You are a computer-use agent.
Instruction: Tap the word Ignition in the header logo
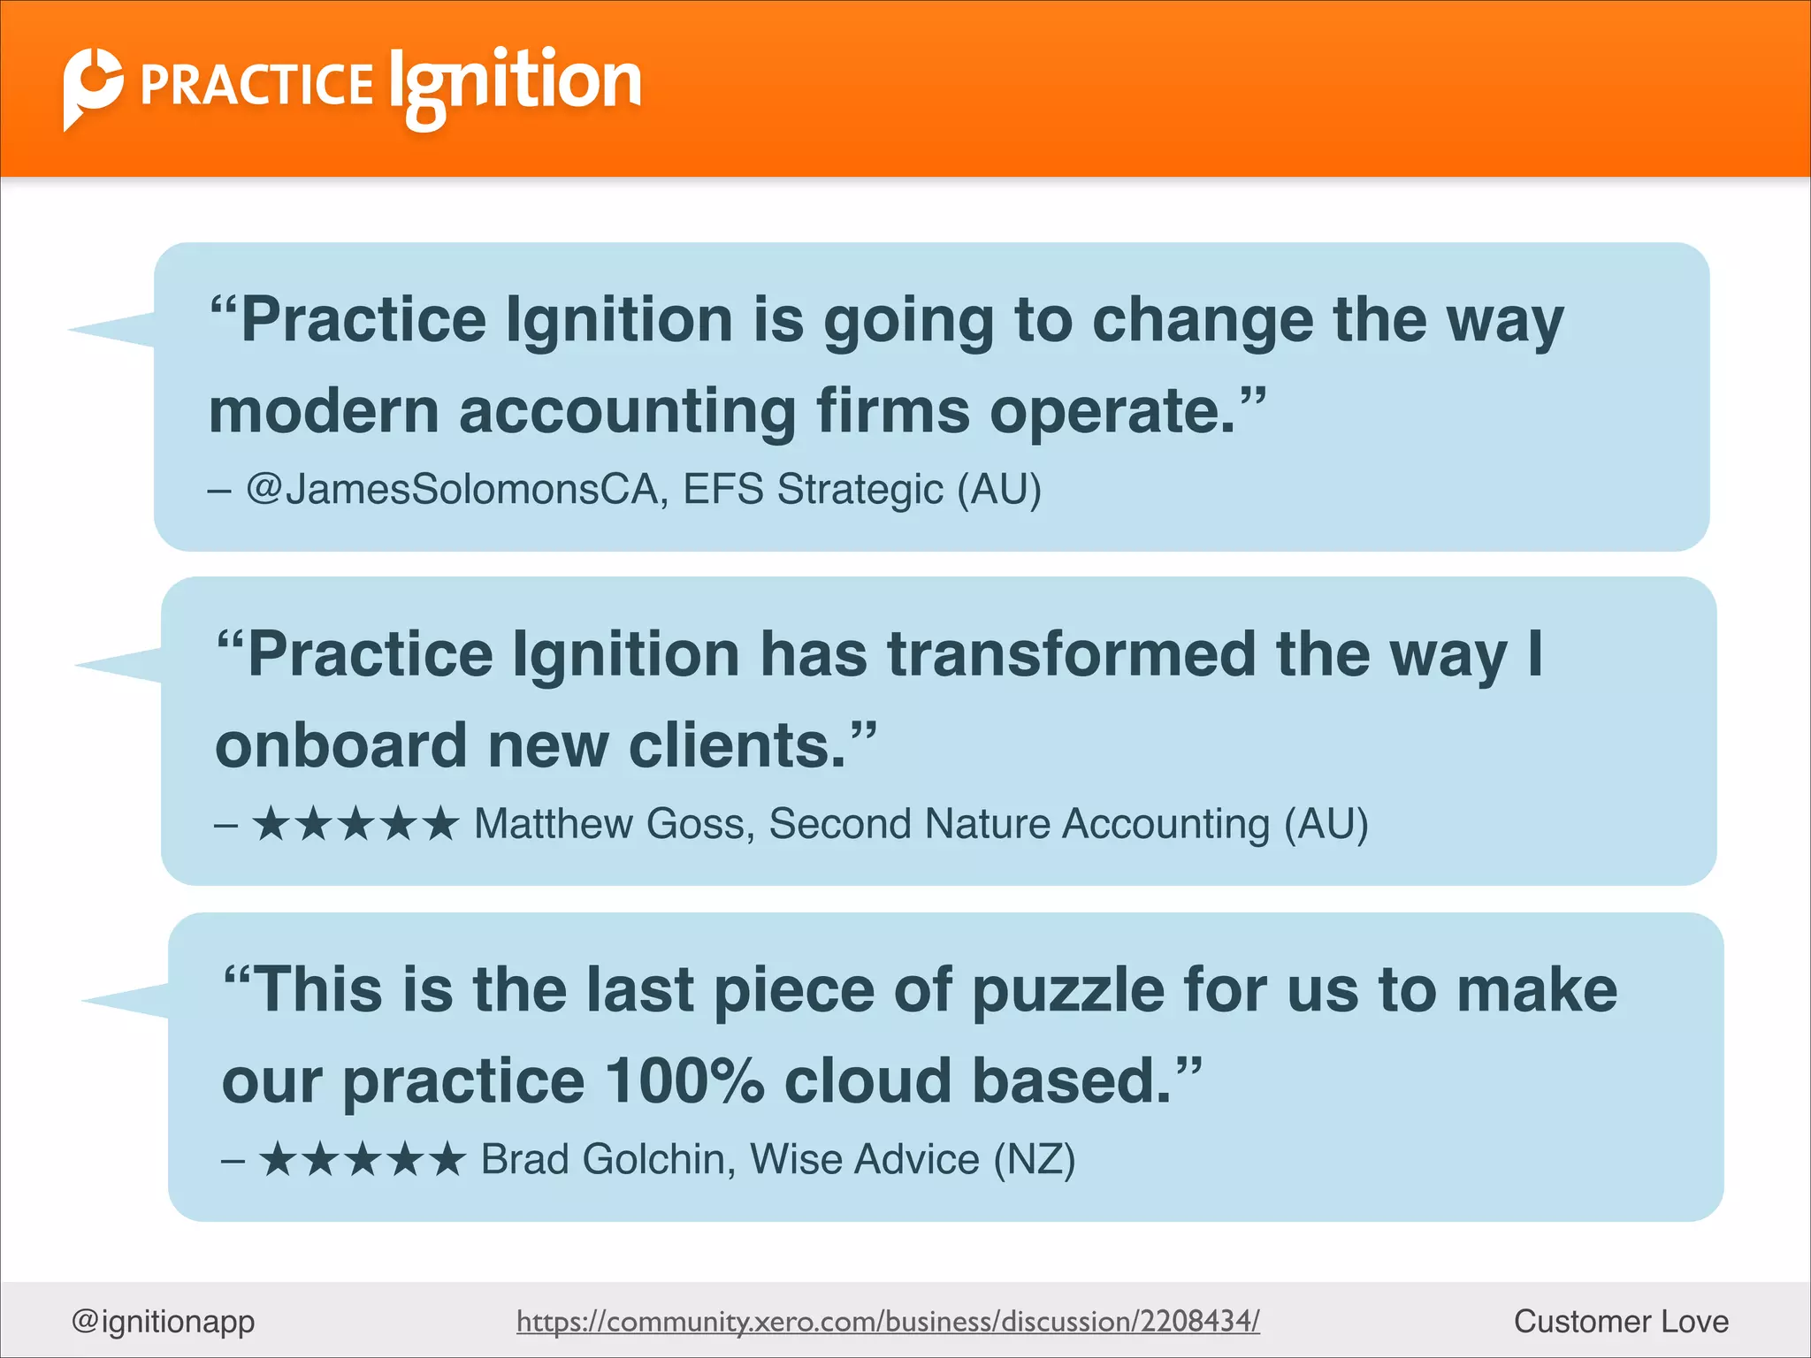515,84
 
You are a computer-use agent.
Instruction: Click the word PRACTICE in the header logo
256,86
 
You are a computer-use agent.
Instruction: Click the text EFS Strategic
813,489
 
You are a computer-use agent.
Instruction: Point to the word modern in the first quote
324,412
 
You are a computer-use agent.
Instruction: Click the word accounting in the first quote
628,412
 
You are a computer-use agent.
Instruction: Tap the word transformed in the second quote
1072,655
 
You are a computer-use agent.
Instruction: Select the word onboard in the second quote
340,745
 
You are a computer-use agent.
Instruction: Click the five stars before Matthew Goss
355,824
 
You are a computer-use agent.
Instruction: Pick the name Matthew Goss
615,824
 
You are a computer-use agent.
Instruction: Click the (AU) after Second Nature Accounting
1326,824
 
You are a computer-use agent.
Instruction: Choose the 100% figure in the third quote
684,1081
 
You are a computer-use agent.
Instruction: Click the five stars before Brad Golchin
363,1159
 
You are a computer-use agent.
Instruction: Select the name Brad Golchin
608,1159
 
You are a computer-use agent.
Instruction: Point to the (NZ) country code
1035,1159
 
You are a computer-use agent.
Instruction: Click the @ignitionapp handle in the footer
163,1322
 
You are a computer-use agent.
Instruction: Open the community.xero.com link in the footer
888,1322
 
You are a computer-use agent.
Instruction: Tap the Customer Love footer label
1621,1322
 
